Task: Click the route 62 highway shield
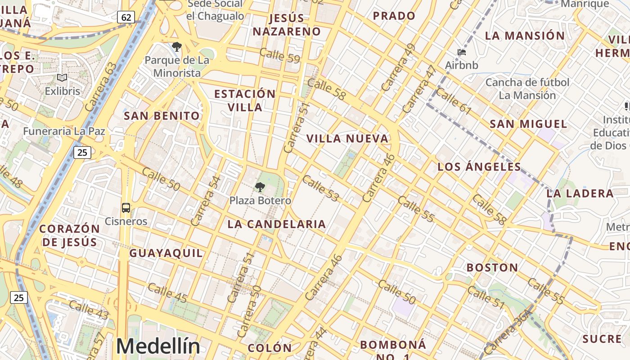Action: point(126,17)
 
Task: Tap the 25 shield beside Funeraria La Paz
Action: point(82,153)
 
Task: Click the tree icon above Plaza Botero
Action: point(260,187)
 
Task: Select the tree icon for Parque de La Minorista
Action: point(177,47)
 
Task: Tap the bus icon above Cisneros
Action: point(126,208)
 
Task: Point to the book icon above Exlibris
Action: point(62,78)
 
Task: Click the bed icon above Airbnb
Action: point(462,52)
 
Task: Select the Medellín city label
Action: point(158,346)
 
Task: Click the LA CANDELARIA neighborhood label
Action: point(276,224)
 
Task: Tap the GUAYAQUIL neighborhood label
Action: point(166,253)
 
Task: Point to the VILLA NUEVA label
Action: point(347,139)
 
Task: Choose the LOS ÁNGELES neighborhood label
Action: point(479,167)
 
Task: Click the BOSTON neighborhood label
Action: point(492,268)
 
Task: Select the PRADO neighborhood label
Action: point(394,16)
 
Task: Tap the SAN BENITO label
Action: point(162,116)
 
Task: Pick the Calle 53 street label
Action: point(320,188)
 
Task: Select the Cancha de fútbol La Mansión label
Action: point(527,89)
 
